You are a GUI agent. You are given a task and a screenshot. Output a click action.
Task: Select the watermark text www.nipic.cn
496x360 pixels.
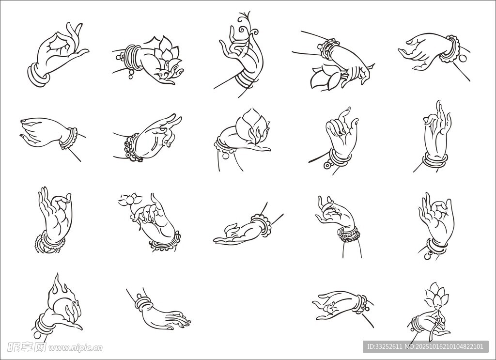tap(76, 348)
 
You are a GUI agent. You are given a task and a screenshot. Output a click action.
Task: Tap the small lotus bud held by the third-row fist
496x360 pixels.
tap(130, 200)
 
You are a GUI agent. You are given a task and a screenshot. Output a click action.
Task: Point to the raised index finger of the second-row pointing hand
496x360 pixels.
tap(344, 116)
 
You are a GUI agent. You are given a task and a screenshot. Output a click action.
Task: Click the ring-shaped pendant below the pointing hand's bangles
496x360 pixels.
tap(328, 165)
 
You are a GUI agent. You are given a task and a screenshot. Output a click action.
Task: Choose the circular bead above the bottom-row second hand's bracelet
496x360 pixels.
tap(139, 296)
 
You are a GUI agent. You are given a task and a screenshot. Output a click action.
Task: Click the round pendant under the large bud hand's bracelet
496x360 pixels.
tap(226, 156)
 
